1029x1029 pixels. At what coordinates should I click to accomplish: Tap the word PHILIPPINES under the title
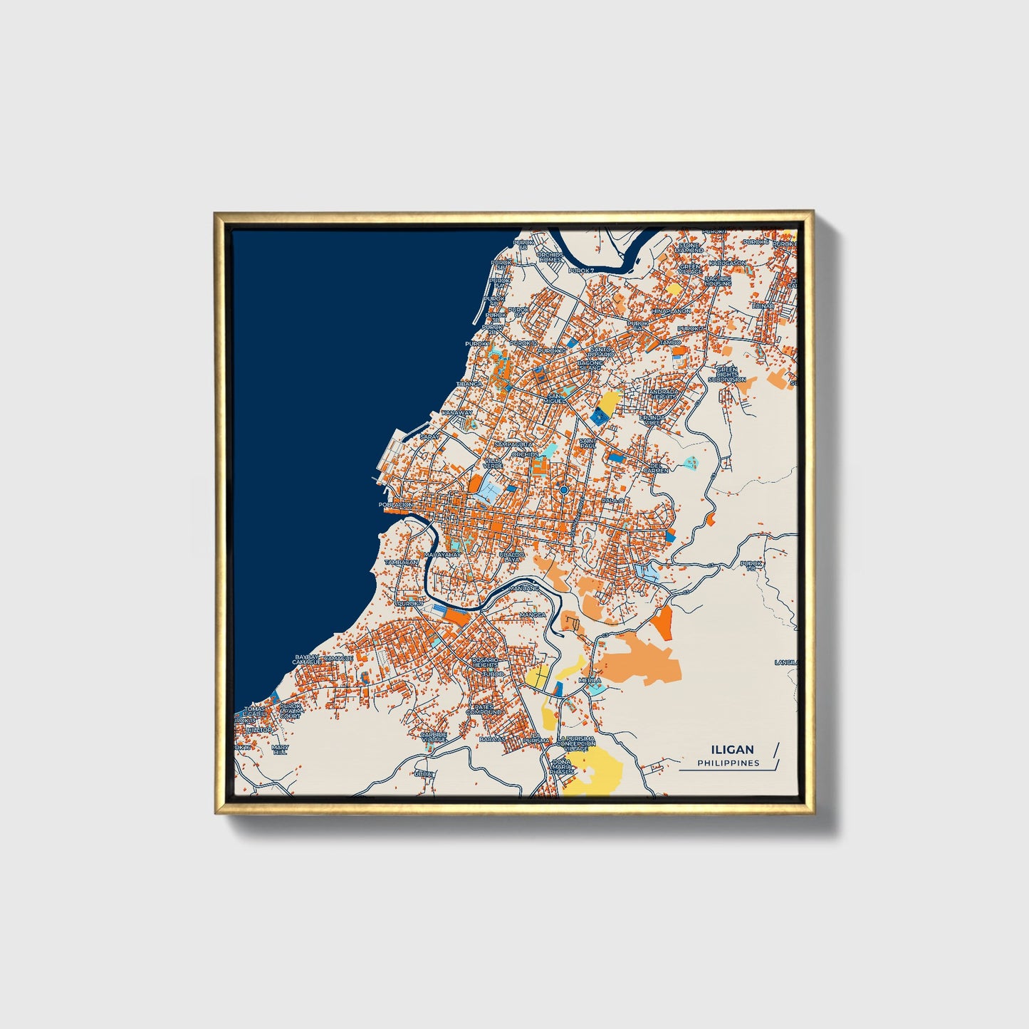pos(728,763)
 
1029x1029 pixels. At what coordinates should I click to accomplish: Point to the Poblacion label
pos(395,505)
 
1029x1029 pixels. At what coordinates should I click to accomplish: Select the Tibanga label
pos(469,384)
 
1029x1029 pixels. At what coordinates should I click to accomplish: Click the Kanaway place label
pos(457,412)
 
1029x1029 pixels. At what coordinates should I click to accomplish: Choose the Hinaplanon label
pos(671,311)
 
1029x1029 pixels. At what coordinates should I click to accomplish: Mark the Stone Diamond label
pos(689,248)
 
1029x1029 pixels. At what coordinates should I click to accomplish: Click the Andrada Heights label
pos(664,394)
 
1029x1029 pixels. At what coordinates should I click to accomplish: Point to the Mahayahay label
pos(442,554)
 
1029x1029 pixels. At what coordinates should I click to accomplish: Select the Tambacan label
pos(401,562)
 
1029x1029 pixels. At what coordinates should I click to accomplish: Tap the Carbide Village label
pos(433,736)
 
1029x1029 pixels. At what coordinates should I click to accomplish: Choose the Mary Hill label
pos(280,749)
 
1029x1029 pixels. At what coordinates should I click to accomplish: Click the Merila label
pos(590,680)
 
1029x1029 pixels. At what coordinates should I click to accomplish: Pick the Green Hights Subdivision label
pos(727,375)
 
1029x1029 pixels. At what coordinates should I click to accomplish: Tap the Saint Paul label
pos(588,443)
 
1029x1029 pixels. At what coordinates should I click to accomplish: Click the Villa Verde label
pos(493,463)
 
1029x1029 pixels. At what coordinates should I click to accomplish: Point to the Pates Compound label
pos(485,709)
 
